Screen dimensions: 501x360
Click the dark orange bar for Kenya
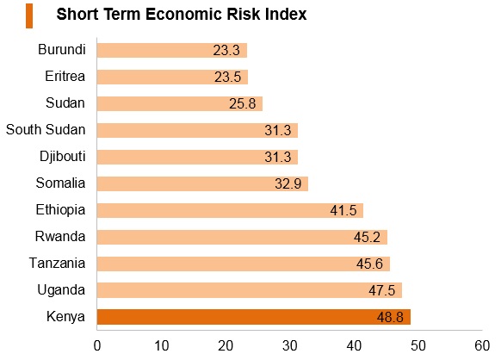[x=254, y=317]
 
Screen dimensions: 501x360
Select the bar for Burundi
[x=172, y=50]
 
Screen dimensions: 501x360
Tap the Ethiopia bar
[x=230, y=210]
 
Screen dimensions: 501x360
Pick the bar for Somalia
[x=202, y=183]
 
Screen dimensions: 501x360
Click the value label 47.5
[x=382, y=290]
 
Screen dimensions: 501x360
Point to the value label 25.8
[x=243, y=103]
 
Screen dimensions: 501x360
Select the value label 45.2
[x=367, y=237]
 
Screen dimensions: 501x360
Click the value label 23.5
[x=227, y=77]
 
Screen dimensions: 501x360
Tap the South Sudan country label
[x=46, y=130]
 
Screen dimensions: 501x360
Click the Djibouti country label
[x=63, y=157]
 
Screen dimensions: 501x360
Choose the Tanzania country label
[x=57, y=264]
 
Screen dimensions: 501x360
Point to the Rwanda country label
[x=60, y=237]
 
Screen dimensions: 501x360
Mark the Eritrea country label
[x=65, y=77]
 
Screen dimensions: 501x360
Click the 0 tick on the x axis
[x=97, y=345]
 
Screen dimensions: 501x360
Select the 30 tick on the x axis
[x=289, y=345]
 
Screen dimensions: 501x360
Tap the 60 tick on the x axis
[x=482, y=345]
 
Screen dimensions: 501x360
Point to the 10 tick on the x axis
[x=161, y=345]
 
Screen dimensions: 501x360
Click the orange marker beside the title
[x=29, y=16]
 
